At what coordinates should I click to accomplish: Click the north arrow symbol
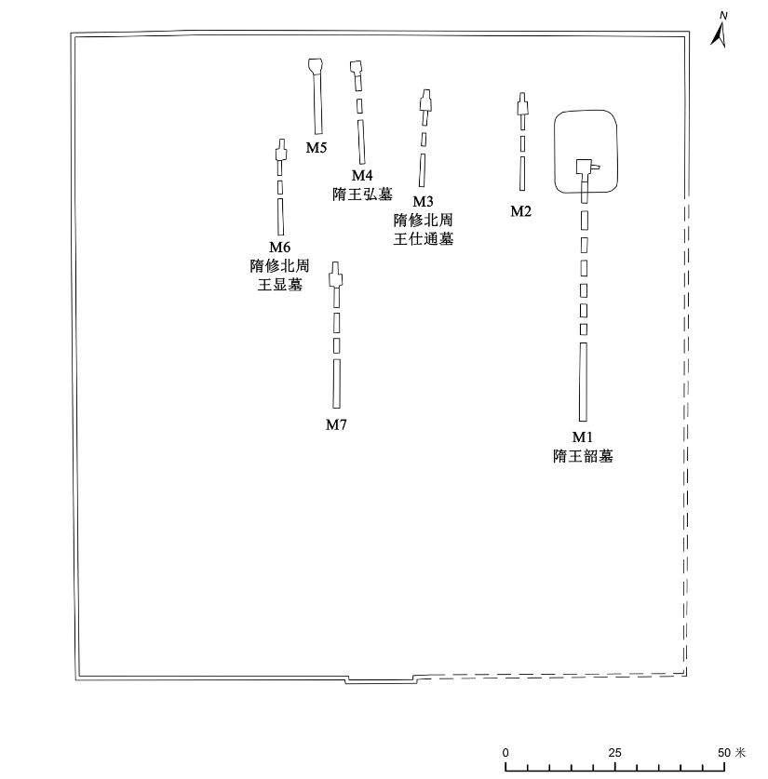click(718, 34)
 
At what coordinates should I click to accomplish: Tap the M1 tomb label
click(582, 437)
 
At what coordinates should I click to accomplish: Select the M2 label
click(521, 211)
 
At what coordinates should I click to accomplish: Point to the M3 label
click(424, 202)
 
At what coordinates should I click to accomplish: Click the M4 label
click(362, 176)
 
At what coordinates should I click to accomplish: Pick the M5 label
click(317, 148)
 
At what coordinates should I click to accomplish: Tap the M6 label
click(280, 248)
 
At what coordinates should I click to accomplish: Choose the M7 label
click(336, 424)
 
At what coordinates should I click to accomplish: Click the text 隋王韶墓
click(583, 456)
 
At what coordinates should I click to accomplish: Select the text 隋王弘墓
click(362, 195)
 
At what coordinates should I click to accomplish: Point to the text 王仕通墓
click(424, 239)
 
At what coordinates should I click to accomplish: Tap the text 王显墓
click(280, 285)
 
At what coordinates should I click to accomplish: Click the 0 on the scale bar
click(505, 752)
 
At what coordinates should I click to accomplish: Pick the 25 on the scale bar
click(614, 752)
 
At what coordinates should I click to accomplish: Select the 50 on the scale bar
click(722, 752)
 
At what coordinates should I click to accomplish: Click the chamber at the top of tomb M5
click(317, 66)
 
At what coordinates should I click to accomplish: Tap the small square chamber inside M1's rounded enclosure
click(584, 168)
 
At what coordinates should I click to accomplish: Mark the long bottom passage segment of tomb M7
click(336, 383)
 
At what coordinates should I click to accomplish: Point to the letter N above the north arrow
click(723, 16)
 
